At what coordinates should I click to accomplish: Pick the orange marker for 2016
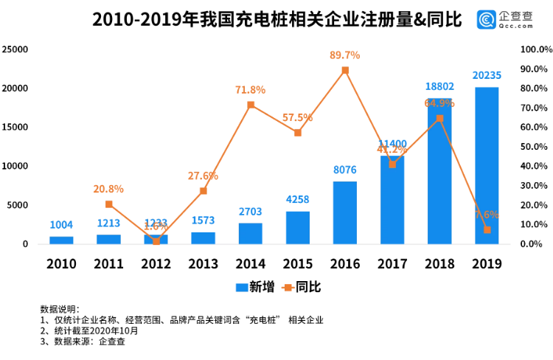point(345,70)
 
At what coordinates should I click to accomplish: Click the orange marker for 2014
point(251,105)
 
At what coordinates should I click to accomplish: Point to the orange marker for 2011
point(108,204)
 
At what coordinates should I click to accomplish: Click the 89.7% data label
point(345,55)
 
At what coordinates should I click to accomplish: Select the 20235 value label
point(487,75)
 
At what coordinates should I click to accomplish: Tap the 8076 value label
point(345,169)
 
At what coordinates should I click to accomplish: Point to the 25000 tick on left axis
point(15,49)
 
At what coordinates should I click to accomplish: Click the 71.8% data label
point(251,89)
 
